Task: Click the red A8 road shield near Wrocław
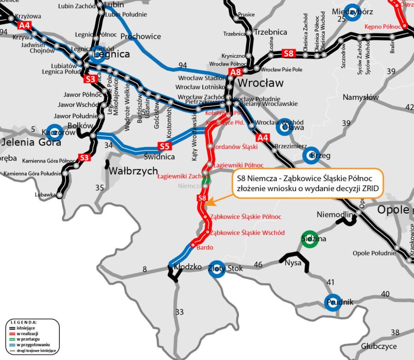236,72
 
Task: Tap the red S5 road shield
165,147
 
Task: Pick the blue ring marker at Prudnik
333,302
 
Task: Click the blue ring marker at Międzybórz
352,12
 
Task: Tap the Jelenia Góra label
30,142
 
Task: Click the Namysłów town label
360,97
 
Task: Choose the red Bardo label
205,248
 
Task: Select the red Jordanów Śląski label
235,146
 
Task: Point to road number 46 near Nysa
258,265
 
